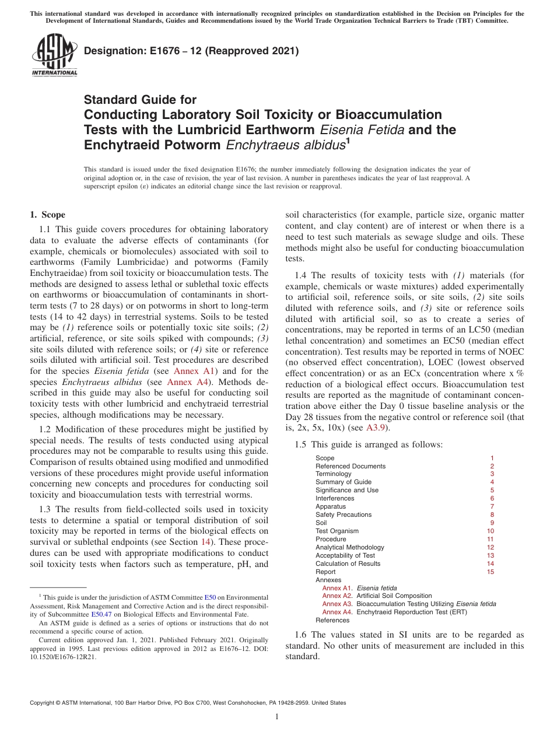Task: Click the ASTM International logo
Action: coord(54,56)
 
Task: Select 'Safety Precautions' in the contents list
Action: coord(343,514)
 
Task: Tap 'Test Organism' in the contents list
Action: coord(337,531)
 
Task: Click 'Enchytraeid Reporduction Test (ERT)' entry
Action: coord(412,612)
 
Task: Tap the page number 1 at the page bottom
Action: coord(277,717)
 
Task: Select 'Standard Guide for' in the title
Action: coord(140,100)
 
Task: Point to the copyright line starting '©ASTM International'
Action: coord(188,703)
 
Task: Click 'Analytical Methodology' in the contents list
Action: coord(350,547)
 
